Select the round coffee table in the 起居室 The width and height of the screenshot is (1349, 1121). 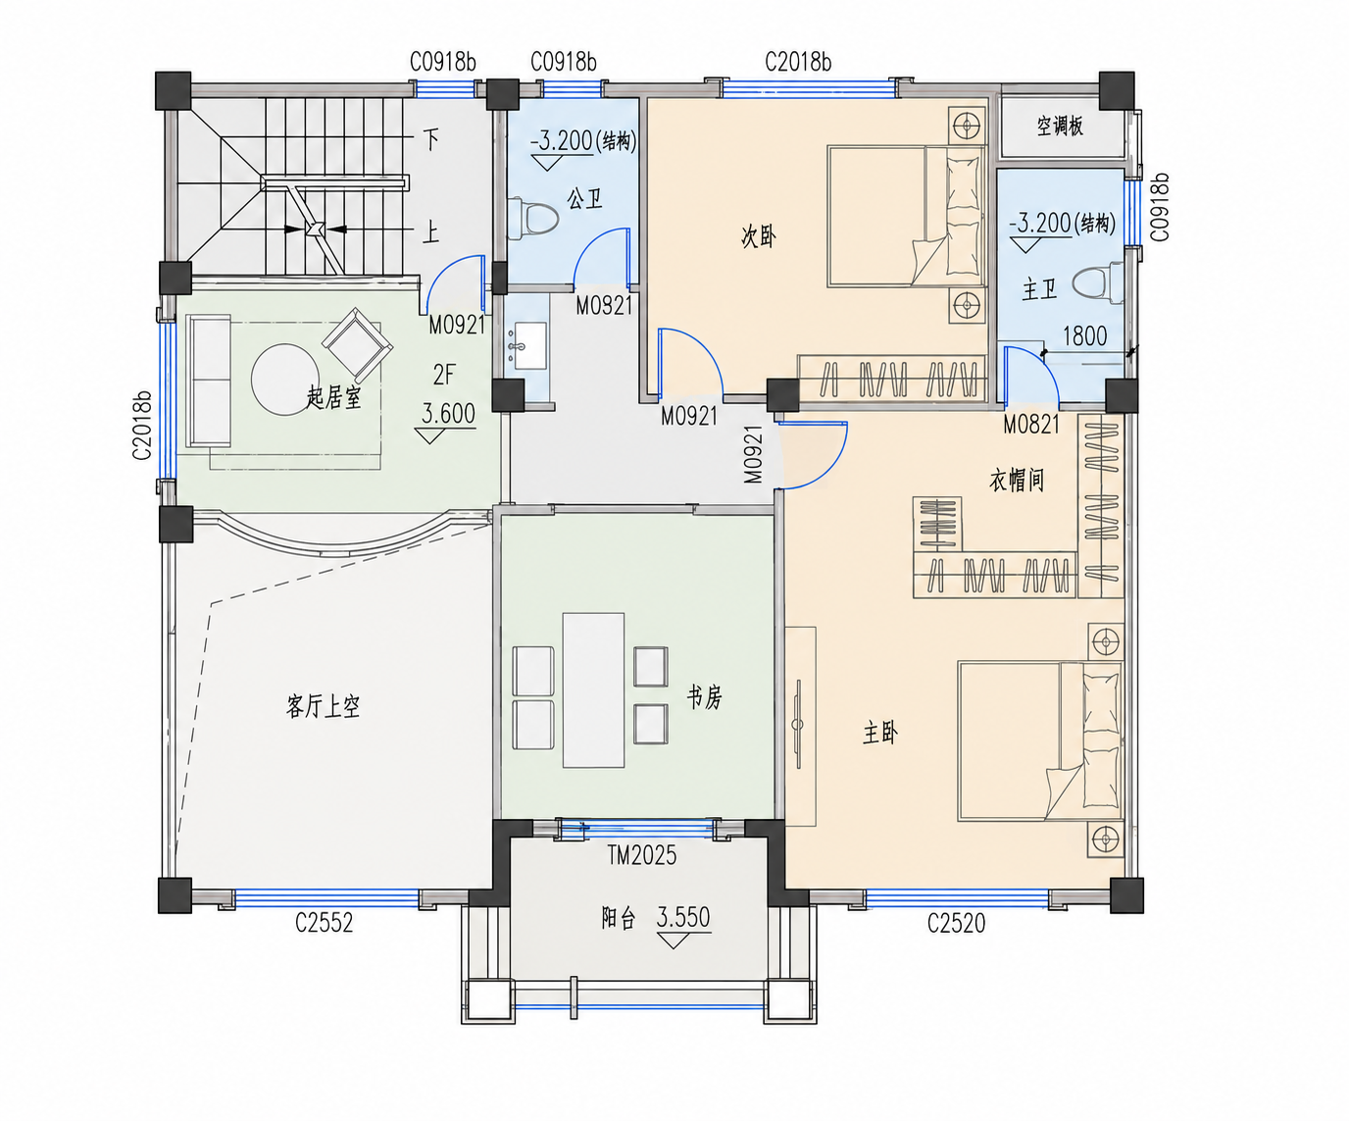click(285, 380)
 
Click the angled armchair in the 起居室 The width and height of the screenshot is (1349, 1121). click(357, 344)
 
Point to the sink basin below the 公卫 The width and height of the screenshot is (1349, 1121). click(529, 346)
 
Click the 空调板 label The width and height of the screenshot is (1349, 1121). click(1060, 127)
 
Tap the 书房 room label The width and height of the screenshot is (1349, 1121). click(704, 697)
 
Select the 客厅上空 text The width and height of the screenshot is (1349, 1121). click(324, 706)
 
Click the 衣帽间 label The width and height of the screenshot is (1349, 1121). click(1017, 481)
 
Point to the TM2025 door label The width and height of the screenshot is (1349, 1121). click(641, 855)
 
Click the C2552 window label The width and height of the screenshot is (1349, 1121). click(324, 923)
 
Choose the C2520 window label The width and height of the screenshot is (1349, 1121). click(956, 923)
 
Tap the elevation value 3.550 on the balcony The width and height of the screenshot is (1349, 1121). click(683, 917)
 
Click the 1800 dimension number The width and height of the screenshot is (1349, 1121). click(1084, 336)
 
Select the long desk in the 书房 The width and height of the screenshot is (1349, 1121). click(593, 689)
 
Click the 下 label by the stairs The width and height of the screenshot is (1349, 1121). click(431, 139)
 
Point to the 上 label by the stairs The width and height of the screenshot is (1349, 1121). click(431, 231)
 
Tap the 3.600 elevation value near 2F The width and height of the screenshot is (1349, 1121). click(448, 414)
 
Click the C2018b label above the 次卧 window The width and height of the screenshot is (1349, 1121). click(798, 62)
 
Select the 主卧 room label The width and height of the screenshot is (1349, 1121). click(880, 733)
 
